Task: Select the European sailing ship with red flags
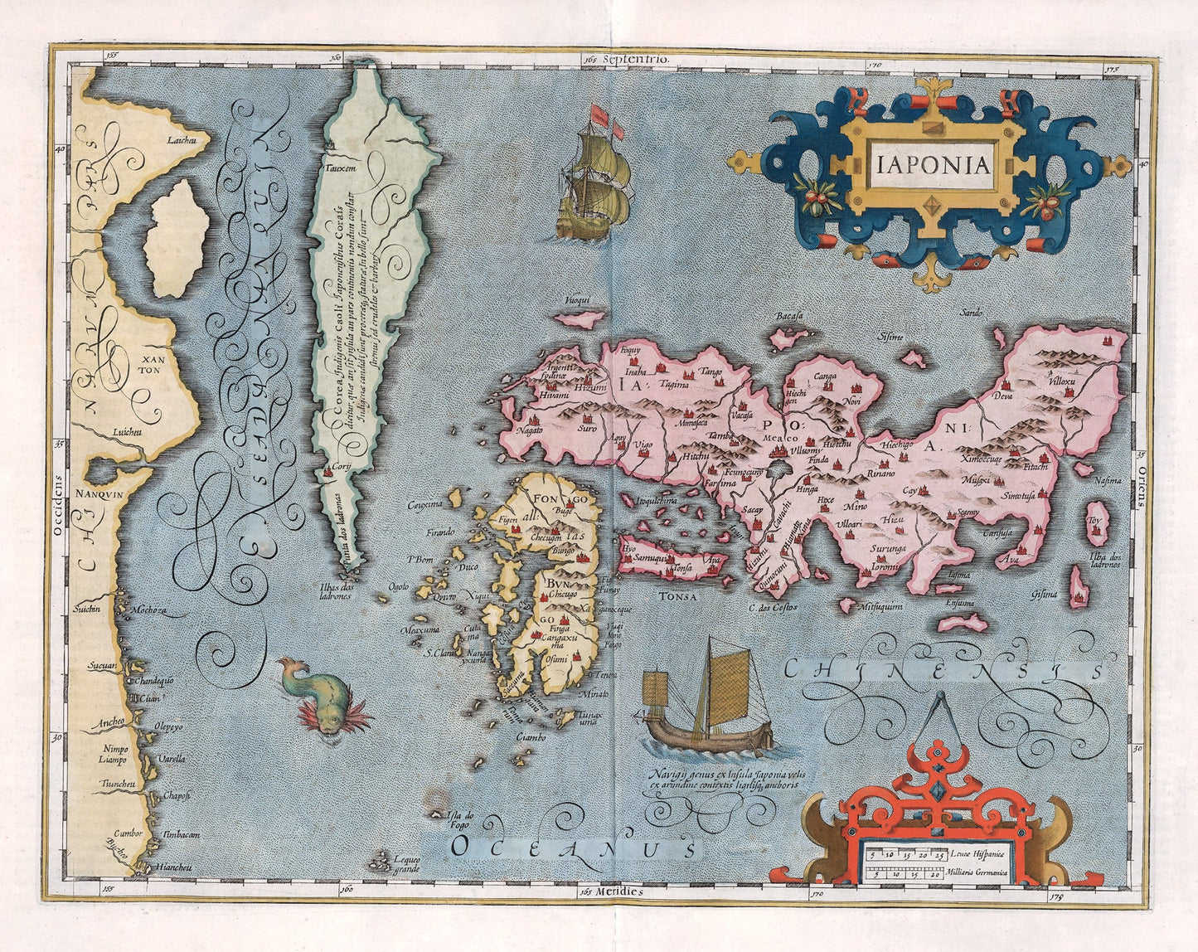coord(594,175)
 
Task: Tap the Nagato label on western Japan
coord(529,430)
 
